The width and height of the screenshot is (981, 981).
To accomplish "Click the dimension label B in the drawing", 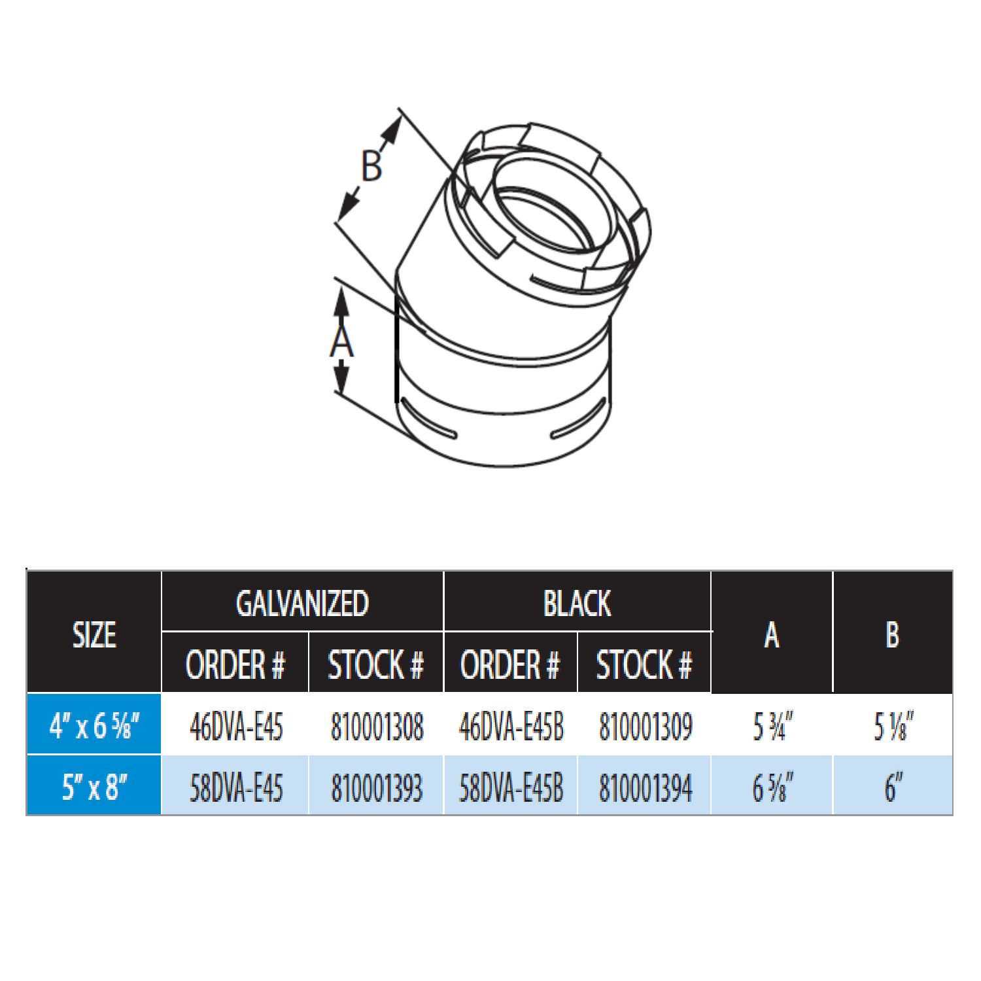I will (371, 166).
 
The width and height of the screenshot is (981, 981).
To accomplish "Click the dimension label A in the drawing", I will (341, 342).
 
